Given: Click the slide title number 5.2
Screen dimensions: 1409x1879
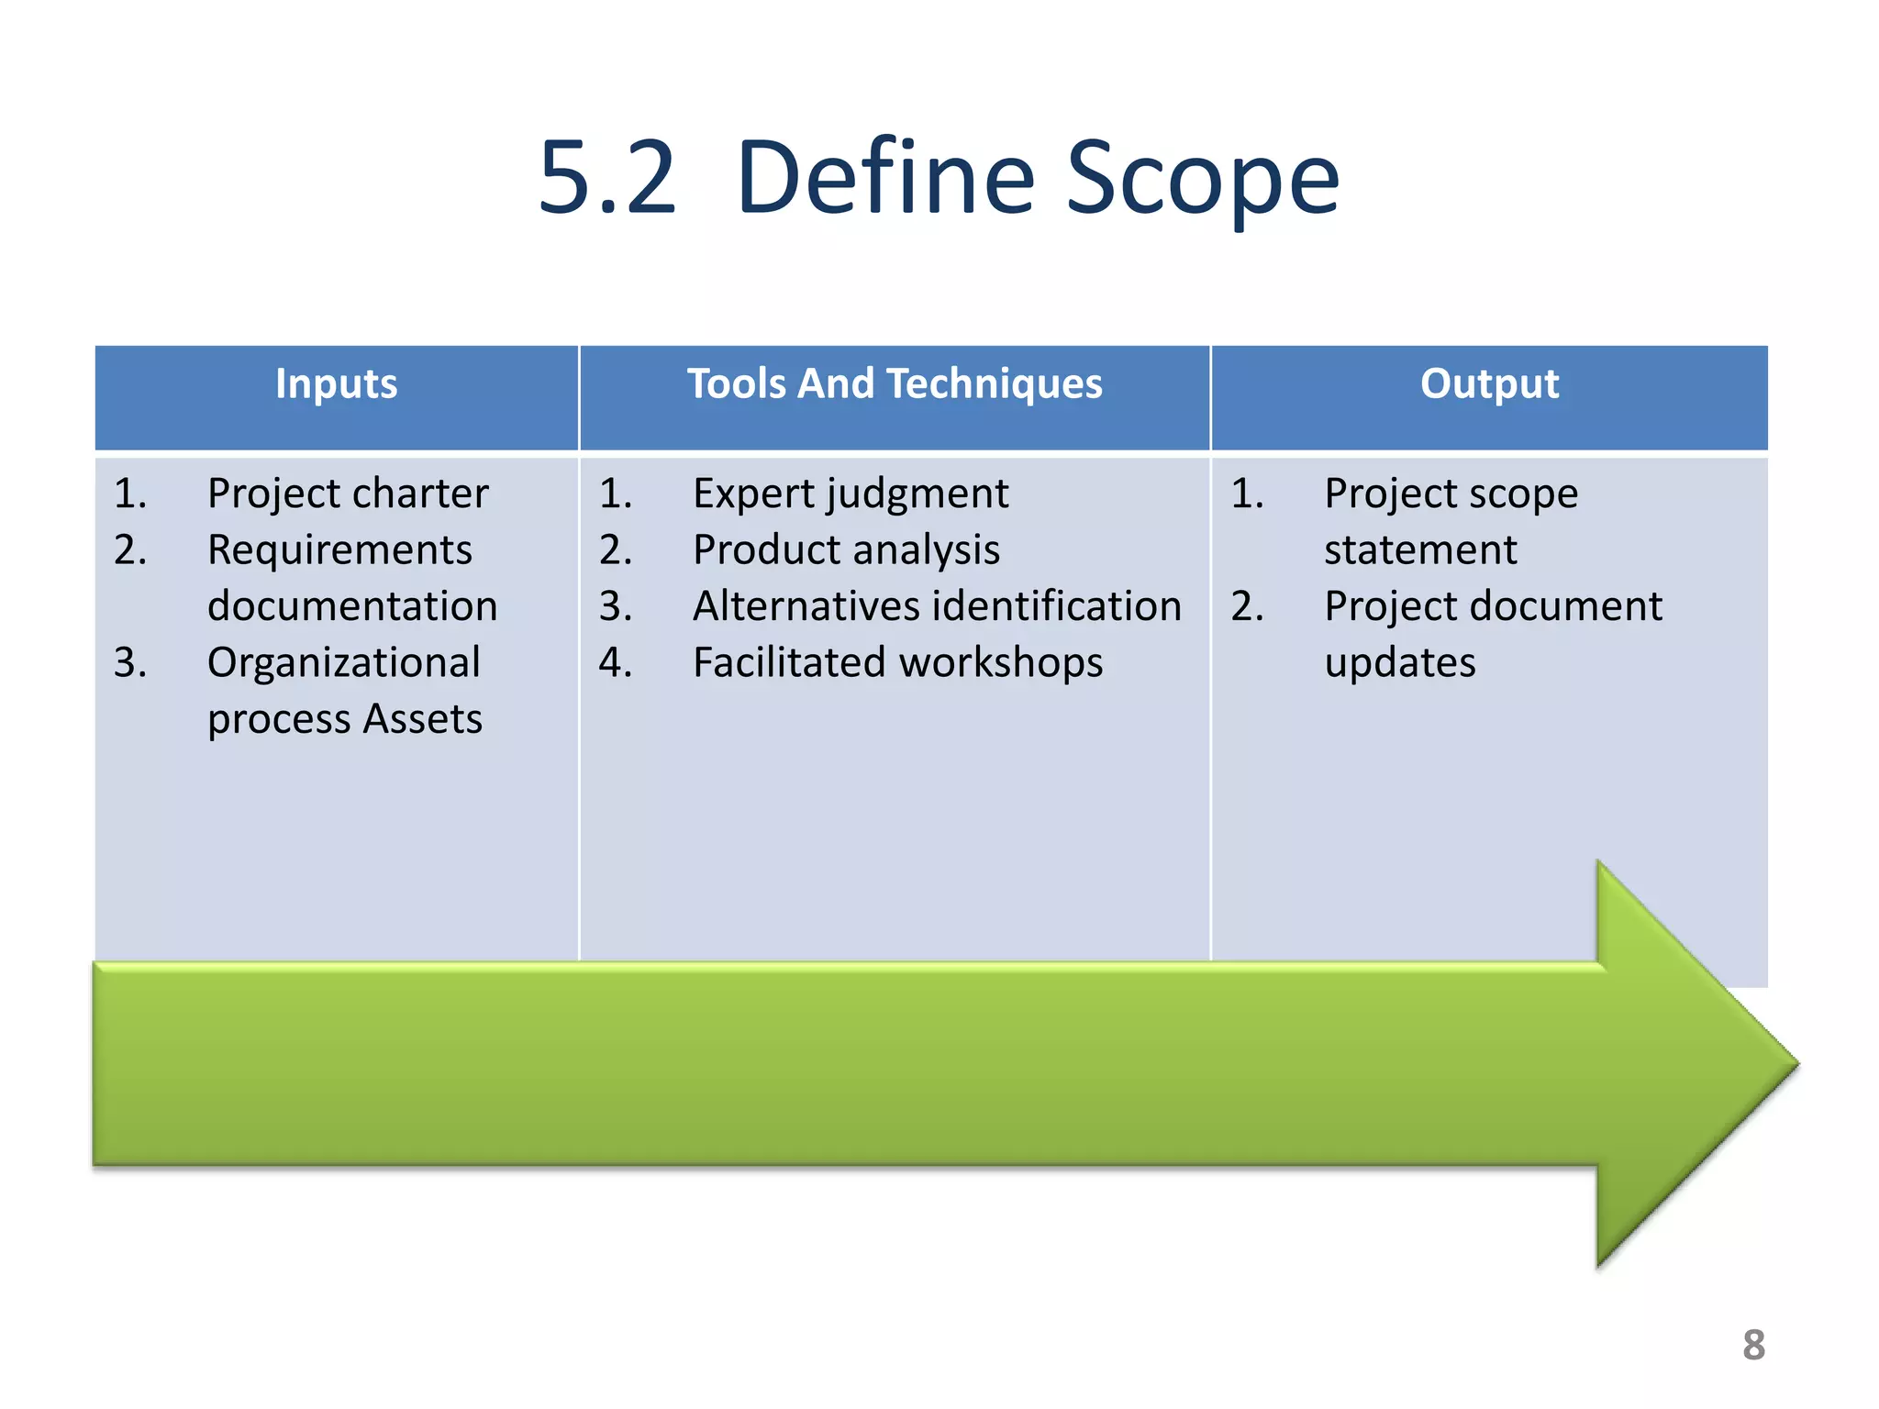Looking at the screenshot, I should point(607,179).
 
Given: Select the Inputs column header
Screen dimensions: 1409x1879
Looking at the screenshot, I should point(336,383).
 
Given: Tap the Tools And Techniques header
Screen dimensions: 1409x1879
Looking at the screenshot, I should point(895,383).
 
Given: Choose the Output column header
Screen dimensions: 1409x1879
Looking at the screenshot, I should point(1489,383).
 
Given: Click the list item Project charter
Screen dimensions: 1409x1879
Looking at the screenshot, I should point(347,494).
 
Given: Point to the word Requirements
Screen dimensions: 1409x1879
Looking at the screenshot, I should point(339,550).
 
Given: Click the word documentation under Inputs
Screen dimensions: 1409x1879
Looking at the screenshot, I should point(352,606).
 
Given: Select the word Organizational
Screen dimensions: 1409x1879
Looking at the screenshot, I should point(343,662).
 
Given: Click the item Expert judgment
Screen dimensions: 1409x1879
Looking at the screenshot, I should point(851,494).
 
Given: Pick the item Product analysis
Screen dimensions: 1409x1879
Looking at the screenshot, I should point(846,550).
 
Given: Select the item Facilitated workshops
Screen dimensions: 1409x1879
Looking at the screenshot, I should point(897,662).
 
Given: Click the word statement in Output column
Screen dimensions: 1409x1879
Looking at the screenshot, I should point(1420,550).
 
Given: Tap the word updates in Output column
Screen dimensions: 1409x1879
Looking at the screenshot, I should point(1400,662).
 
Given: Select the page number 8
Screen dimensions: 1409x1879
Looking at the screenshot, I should point(1753,1345).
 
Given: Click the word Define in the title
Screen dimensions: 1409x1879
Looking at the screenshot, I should point(885,179).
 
